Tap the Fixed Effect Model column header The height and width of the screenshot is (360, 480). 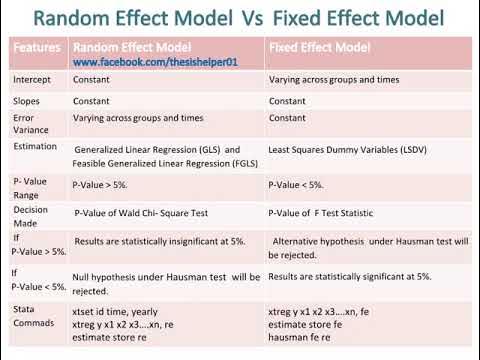pyautogui.click(x=318, y=48)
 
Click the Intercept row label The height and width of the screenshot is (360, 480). pyautogui.click(x=32, y=79)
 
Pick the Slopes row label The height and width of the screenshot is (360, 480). pyautogui.click(x=26, y=102)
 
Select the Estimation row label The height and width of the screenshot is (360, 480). pyautogui.click(x=36, y=147)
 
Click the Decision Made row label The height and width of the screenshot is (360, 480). pyautogui.click(x=31, y=217)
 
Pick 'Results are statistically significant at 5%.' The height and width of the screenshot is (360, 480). pyautogui.click(x=350, y=275)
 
